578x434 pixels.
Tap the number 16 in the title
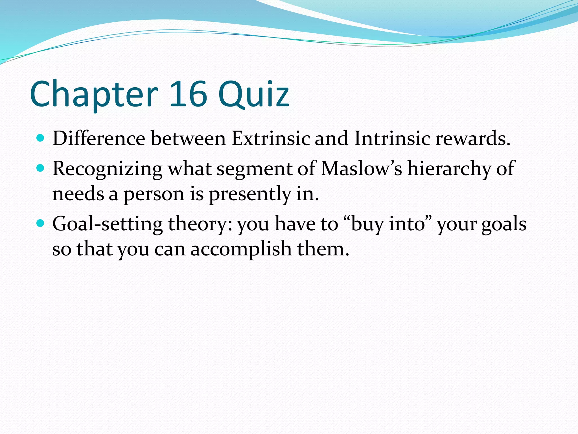pos(188,94)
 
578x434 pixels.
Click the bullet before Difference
pos(41,138)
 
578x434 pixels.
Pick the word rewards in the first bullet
pos(473,139)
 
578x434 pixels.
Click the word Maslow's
pos(362,168)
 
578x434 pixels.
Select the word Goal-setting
pos(108,224)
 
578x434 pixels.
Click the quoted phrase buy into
pos(388,224)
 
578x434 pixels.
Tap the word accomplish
pos(241,250)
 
